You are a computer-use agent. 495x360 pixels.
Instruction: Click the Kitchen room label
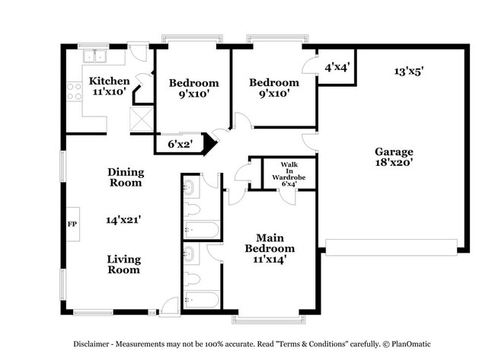[109, 81]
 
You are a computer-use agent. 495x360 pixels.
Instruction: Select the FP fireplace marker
[73, 225]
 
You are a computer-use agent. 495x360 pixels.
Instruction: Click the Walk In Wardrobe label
[289, 174]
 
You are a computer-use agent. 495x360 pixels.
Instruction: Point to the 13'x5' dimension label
[408, 71]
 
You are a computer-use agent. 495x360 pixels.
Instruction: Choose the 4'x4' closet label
[336, 67]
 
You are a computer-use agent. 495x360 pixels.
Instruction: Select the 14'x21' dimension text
[123, 219]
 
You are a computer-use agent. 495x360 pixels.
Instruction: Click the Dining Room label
[125, 177]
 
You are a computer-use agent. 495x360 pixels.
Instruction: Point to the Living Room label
[123, 264]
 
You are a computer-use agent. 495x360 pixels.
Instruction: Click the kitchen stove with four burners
[75, 92]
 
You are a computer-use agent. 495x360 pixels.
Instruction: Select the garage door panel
[391, 246]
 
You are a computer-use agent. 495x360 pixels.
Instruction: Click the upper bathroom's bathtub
[201, 230]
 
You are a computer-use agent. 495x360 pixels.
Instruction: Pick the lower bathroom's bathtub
[201, 300]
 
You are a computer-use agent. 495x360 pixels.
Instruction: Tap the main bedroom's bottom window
[267, 316]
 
